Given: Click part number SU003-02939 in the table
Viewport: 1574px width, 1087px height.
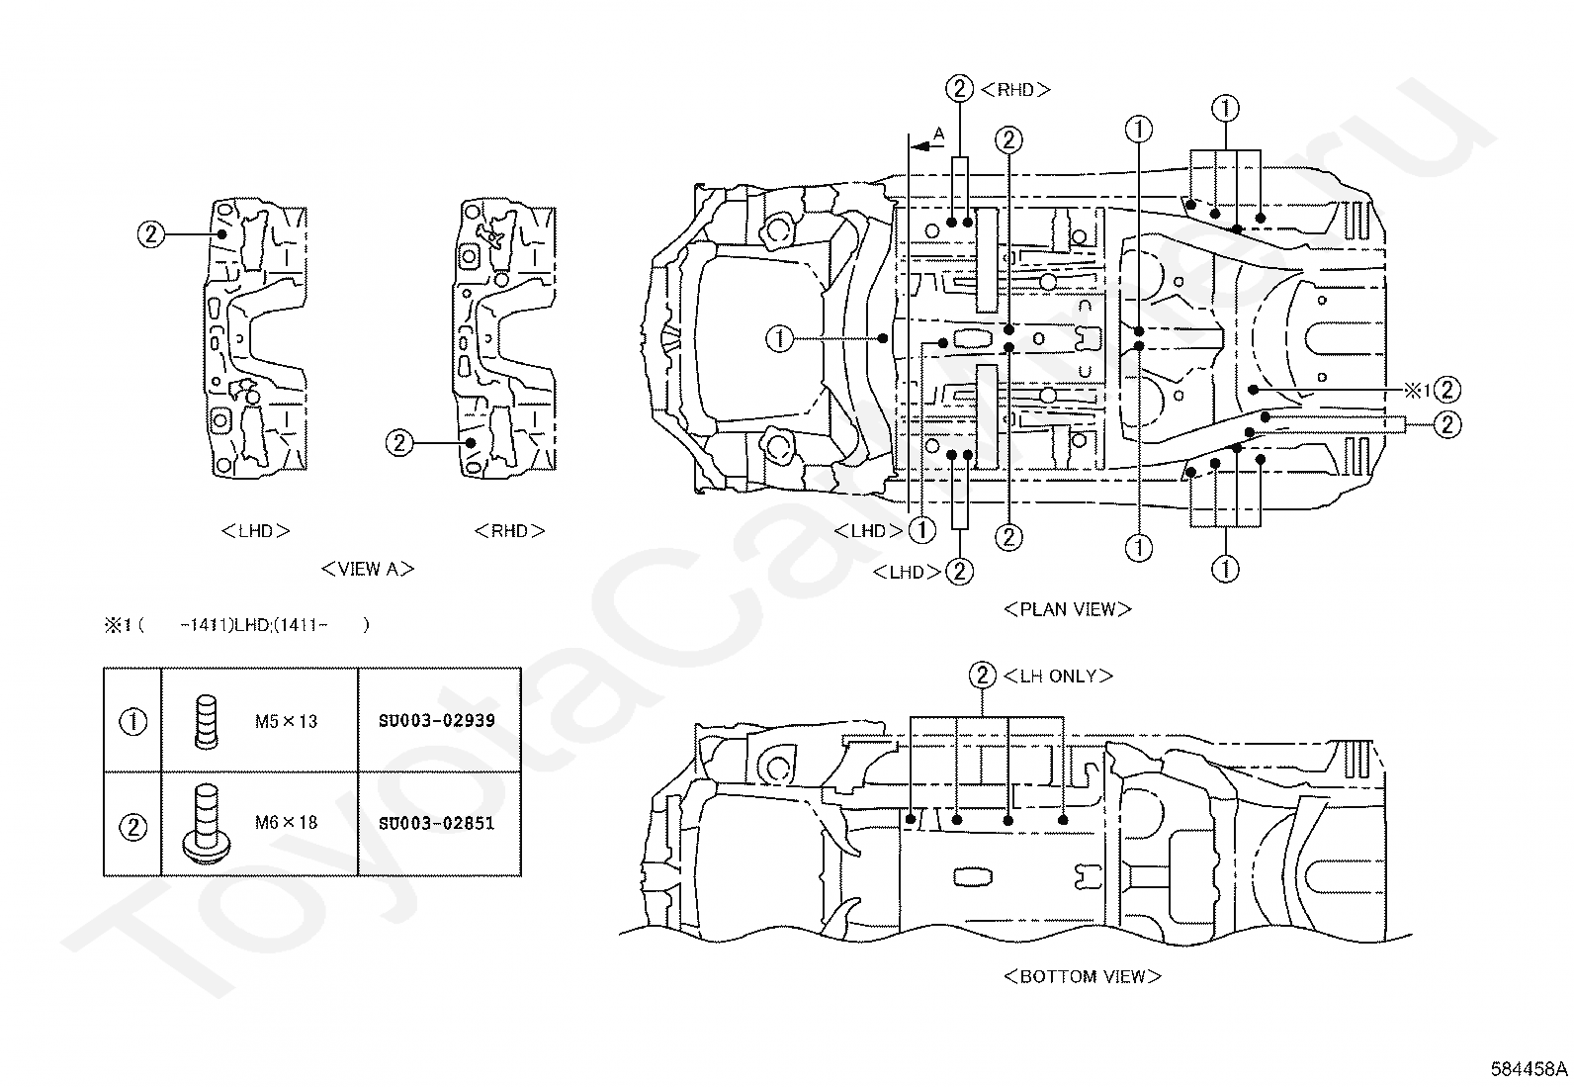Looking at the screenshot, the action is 436,721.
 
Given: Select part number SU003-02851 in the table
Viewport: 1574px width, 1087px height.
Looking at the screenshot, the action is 436,823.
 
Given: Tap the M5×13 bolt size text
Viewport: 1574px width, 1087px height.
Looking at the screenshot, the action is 286,721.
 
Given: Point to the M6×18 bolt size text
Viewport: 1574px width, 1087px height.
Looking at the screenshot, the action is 286,823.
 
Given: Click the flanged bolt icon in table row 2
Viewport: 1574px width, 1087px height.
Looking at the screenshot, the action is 205,823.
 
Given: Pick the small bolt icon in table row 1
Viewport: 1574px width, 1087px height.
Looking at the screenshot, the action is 206,721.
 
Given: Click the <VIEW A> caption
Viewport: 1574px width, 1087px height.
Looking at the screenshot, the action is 368,569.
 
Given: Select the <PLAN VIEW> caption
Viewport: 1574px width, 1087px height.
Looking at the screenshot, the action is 1068,609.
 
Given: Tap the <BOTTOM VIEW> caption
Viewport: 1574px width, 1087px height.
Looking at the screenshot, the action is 1082,976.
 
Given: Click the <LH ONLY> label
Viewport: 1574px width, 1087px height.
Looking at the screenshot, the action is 1058,677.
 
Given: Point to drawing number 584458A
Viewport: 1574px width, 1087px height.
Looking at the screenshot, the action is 1530,1069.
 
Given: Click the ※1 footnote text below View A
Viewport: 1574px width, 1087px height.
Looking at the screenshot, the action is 237,625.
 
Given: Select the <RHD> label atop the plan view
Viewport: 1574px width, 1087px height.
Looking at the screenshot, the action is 1015,90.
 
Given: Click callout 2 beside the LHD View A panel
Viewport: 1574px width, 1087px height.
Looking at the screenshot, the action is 151,234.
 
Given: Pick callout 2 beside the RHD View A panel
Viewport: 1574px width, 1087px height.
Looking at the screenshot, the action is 399,443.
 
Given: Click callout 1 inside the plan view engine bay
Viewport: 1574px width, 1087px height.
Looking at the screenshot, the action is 779,339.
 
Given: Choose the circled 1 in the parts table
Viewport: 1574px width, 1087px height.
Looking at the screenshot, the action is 132,722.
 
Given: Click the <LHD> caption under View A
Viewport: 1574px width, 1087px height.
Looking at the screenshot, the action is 256,531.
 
